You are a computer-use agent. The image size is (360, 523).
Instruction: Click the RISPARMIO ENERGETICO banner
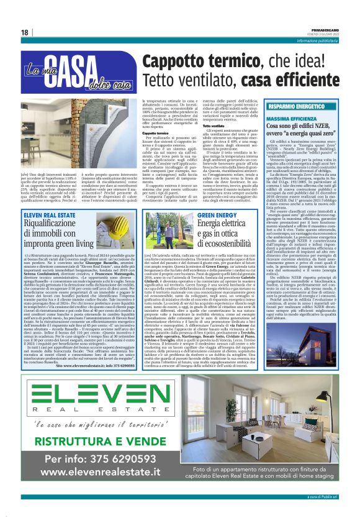click(x=313, y=107)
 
